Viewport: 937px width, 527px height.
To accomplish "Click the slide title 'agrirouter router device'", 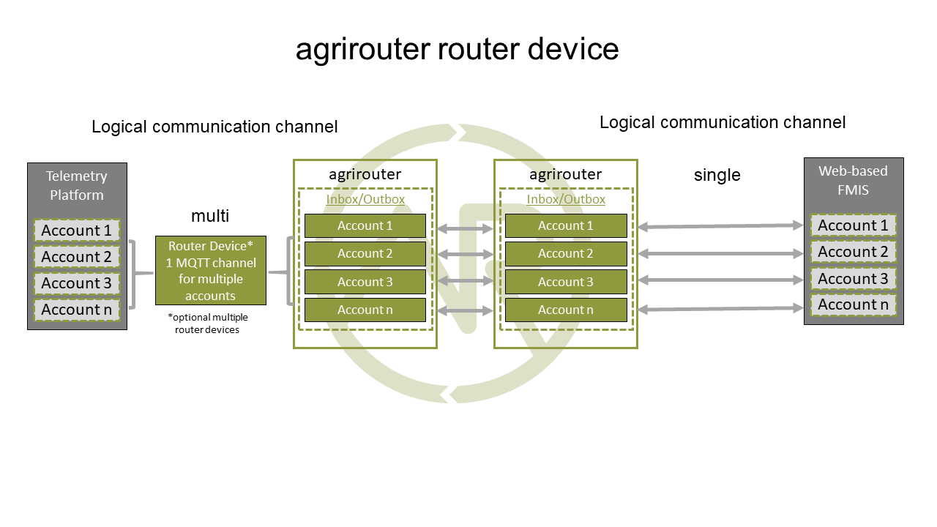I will click(457, 49).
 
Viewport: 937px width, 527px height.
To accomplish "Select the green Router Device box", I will click(211, 270).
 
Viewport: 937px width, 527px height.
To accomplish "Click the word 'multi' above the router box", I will click(210, 215).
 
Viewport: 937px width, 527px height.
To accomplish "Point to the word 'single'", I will click(717, 175).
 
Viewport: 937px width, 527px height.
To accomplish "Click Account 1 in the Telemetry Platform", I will click(76, 231).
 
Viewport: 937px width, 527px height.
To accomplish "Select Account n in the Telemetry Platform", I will click(76, 310).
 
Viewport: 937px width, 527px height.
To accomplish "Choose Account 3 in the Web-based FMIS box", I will click(853, 279).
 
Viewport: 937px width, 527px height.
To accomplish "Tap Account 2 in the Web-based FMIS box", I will click(853, 252).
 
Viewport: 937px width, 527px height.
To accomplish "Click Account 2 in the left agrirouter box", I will click(365, 254).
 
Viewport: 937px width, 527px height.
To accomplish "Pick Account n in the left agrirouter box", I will click(365, 310).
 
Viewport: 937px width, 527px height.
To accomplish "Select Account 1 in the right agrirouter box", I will click(566, 226).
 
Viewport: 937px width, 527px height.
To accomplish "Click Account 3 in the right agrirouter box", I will click(566, 282).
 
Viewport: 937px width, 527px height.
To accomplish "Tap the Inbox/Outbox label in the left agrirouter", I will click(365, 199).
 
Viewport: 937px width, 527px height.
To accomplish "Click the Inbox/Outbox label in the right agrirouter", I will click(566, 199).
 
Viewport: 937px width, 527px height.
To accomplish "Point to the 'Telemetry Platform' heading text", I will click(76, 185).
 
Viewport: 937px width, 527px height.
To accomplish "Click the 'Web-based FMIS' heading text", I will click(853, 180).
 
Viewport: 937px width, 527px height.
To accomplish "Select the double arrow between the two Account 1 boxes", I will click(466, 229).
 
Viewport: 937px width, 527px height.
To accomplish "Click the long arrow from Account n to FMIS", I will click(720, 309).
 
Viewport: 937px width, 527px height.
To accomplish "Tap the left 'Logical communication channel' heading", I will click(214, 127).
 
